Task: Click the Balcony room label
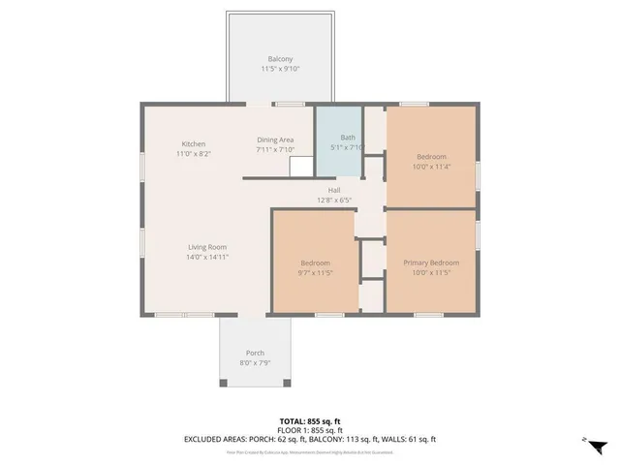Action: pos(280,59)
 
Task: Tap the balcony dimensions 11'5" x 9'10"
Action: pos(280,70)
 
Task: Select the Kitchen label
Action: pos(194,144)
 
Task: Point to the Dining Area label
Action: pos(275,139)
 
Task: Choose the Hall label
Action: pos(333,190)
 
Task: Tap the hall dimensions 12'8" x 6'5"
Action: pos(333,201)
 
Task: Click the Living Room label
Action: pos(207,247)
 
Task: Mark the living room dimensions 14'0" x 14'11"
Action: pos(207,258)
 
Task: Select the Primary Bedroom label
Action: pos(431,263)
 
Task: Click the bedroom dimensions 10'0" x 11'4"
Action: pos(431,167)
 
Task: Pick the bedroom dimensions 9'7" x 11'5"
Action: pos(315,273)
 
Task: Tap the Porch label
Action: pos(255,353)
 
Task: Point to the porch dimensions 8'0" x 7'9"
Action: pos(255,363)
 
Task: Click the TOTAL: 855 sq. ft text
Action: pos(309,421)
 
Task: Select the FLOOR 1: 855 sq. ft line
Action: pos(309,430)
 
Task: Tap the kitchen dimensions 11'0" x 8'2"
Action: pos(194,154)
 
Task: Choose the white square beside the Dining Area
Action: pos(301,168)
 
